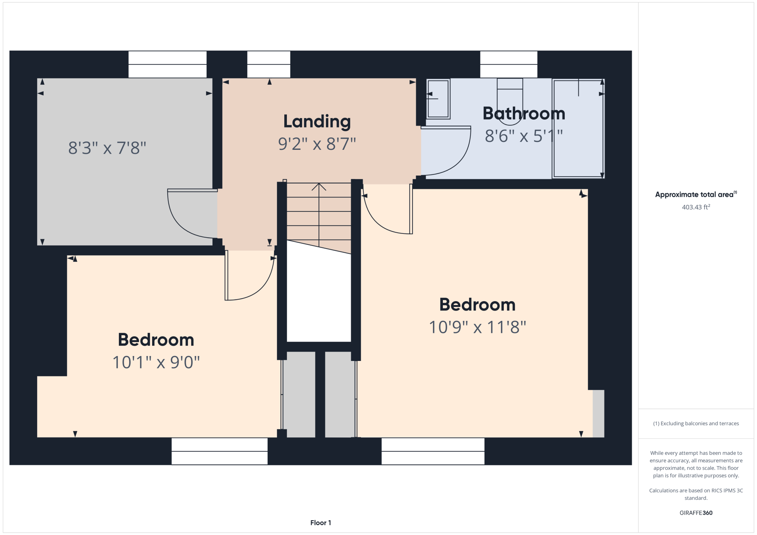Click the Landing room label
pyautogui.click(x=317, y=122)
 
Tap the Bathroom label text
pyautogui.click(x=524, y=114)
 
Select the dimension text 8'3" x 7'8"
pyautogui.click(x=107, y=148)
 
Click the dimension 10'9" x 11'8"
pyautogui.click(x=477, y=327)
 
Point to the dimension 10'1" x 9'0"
pyautogui.click(x=156, y=362)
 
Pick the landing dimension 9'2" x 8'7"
pyautogui.click(x=317, y=144)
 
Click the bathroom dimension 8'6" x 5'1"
pyautogui.click(x=524, y=136)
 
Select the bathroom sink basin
pyautogui.click(x=438, y=99)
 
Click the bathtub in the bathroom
pyautogui.click(x=578, y=128)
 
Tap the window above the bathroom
pyautogui.click(x=509, y=64)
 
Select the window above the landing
pyautogui.click(x=269, y=64)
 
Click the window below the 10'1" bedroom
pyautogui.click(x=220, y=451)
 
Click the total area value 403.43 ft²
pyautogui.click(x=696, y=207)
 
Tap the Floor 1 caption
pyautogui.click(x=321, y=523)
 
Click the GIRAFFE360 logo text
pyautogui.click(x=696, y=513)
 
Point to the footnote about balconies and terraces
pyautogui.click(x=696, y=423)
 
